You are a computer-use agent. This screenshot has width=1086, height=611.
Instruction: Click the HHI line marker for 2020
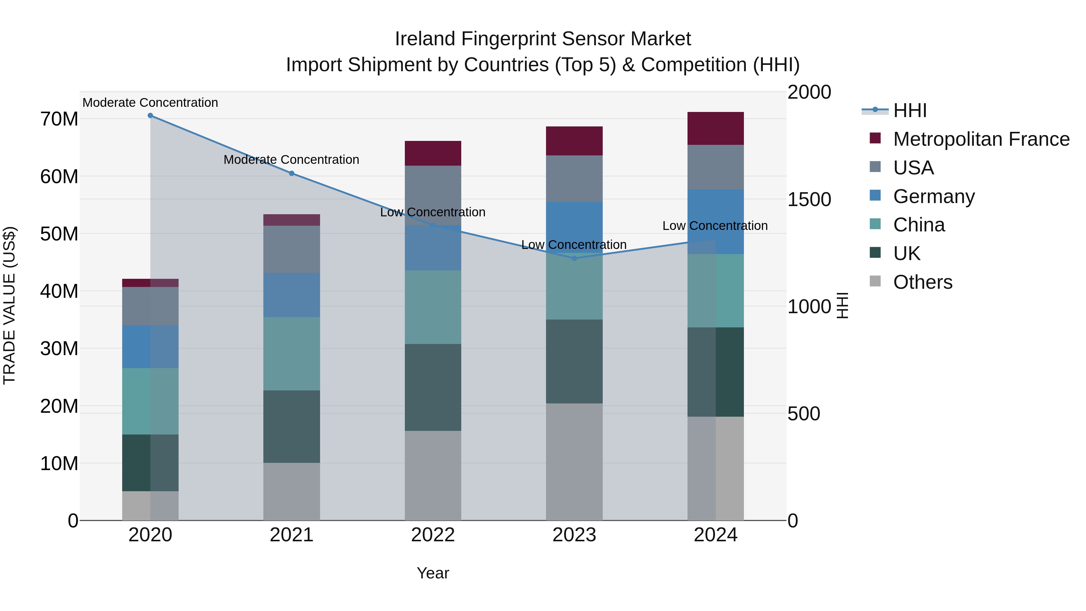[150, 116]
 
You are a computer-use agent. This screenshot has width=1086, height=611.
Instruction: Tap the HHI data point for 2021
[291, 173]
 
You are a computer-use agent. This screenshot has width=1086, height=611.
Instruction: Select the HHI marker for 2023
[574, 258]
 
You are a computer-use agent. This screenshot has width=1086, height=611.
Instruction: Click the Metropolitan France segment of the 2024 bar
[716, 128]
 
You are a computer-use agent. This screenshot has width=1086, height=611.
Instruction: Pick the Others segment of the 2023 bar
[574, 462]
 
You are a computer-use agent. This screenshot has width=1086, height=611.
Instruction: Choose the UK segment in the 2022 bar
[433, 387]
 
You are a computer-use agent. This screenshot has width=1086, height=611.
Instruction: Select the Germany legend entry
[933, 196]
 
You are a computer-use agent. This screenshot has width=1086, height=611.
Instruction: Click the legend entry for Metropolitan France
[981, 139]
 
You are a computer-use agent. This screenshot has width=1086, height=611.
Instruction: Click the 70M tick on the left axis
[59, 119]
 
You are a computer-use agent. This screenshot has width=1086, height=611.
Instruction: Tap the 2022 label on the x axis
[433, 535]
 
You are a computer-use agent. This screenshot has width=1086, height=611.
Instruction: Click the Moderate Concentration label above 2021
[291, 160]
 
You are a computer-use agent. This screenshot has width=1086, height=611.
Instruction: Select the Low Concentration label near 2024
[715, 226]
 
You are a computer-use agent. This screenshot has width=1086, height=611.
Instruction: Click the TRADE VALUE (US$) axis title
[9, 305]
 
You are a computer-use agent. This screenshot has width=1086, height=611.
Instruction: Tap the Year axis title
[433, 573]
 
